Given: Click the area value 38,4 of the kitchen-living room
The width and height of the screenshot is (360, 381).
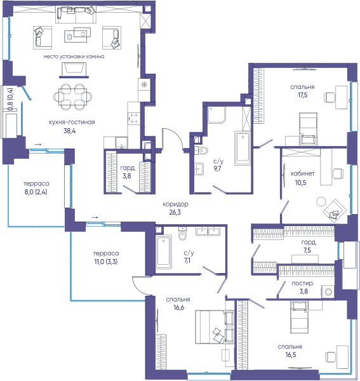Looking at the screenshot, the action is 69,131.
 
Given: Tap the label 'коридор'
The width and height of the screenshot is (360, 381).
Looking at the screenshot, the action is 175,204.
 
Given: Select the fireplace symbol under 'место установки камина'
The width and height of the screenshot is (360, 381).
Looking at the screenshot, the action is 74,70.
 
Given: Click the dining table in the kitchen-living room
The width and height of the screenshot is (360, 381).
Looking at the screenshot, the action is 72,97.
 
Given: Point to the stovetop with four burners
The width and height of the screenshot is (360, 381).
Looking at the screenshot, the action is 133,118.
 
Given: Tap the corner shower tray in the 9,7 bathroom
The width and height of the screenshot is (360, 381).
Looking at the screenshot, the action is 217,115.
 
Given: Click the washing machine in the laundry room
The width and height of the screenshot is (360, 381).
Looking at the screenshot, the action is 328,291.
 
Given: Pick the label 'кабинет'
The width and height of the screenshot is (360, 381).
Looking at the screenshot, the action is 302,174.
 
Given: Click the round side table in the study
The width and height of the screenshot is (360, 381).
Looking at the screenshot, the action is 321,202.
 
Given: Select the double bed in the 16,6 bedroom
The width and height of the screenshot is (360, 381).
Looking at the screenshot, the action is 215,327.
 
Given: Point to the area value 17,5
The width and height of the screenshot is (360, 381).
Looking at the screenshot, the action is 302,95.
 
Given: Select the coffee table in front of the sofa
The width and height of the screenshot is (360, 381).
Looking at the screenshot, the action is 77,35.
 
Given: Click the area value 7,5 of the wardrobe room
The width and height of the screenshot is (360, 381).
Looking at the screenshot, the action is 307,250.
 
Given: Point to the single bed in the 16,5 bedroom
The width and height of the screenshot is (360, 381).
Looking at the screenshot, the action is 299,317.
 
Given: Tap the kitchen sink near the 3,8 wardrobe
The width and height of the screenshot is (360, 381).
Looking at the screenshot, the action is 121,143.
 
